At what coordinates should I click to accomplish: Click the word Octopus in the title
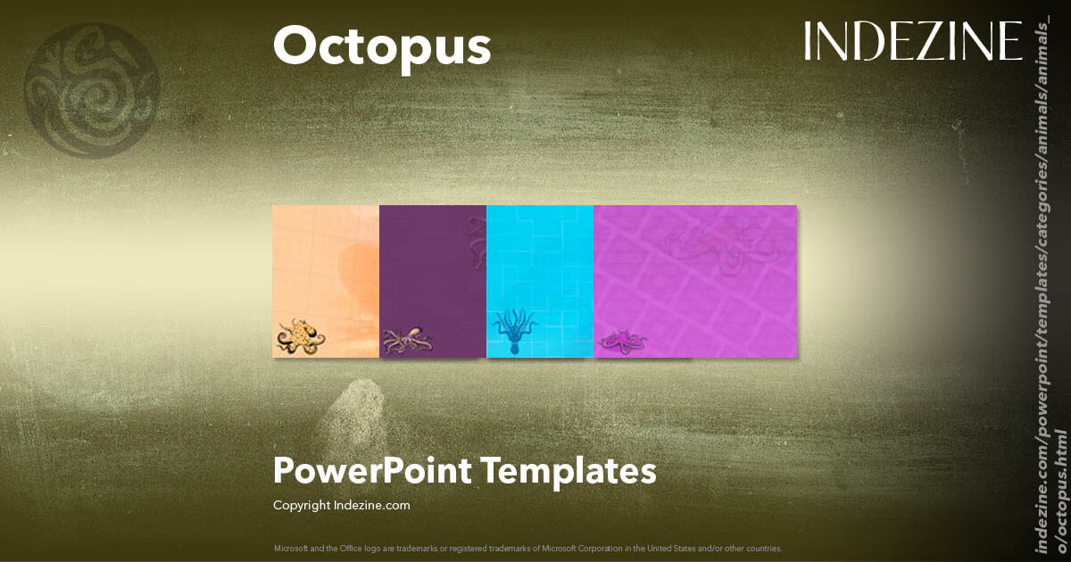click(381, 46)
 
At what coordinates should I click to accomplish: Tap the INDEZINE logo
click(912, 42)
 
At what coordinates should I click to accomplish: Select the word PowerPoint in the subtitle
click(371, 470)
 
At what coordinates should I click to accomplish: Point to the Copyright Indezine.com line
click(341, 506)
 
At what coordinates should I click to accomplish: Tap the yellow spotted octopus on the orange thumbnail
click(300, 336)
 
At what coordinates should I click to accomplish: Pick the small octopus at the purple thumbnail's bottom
click(407, 340)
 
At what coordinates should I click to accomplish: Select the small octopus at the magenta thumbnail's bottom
click(623, 340)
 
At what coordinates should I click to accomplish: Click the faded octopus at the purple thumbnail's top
click(477, 241)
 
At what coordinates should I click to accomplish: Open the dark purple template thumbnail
click(433, 281)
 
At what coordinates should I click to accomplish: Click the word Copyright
click(301, 506)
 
